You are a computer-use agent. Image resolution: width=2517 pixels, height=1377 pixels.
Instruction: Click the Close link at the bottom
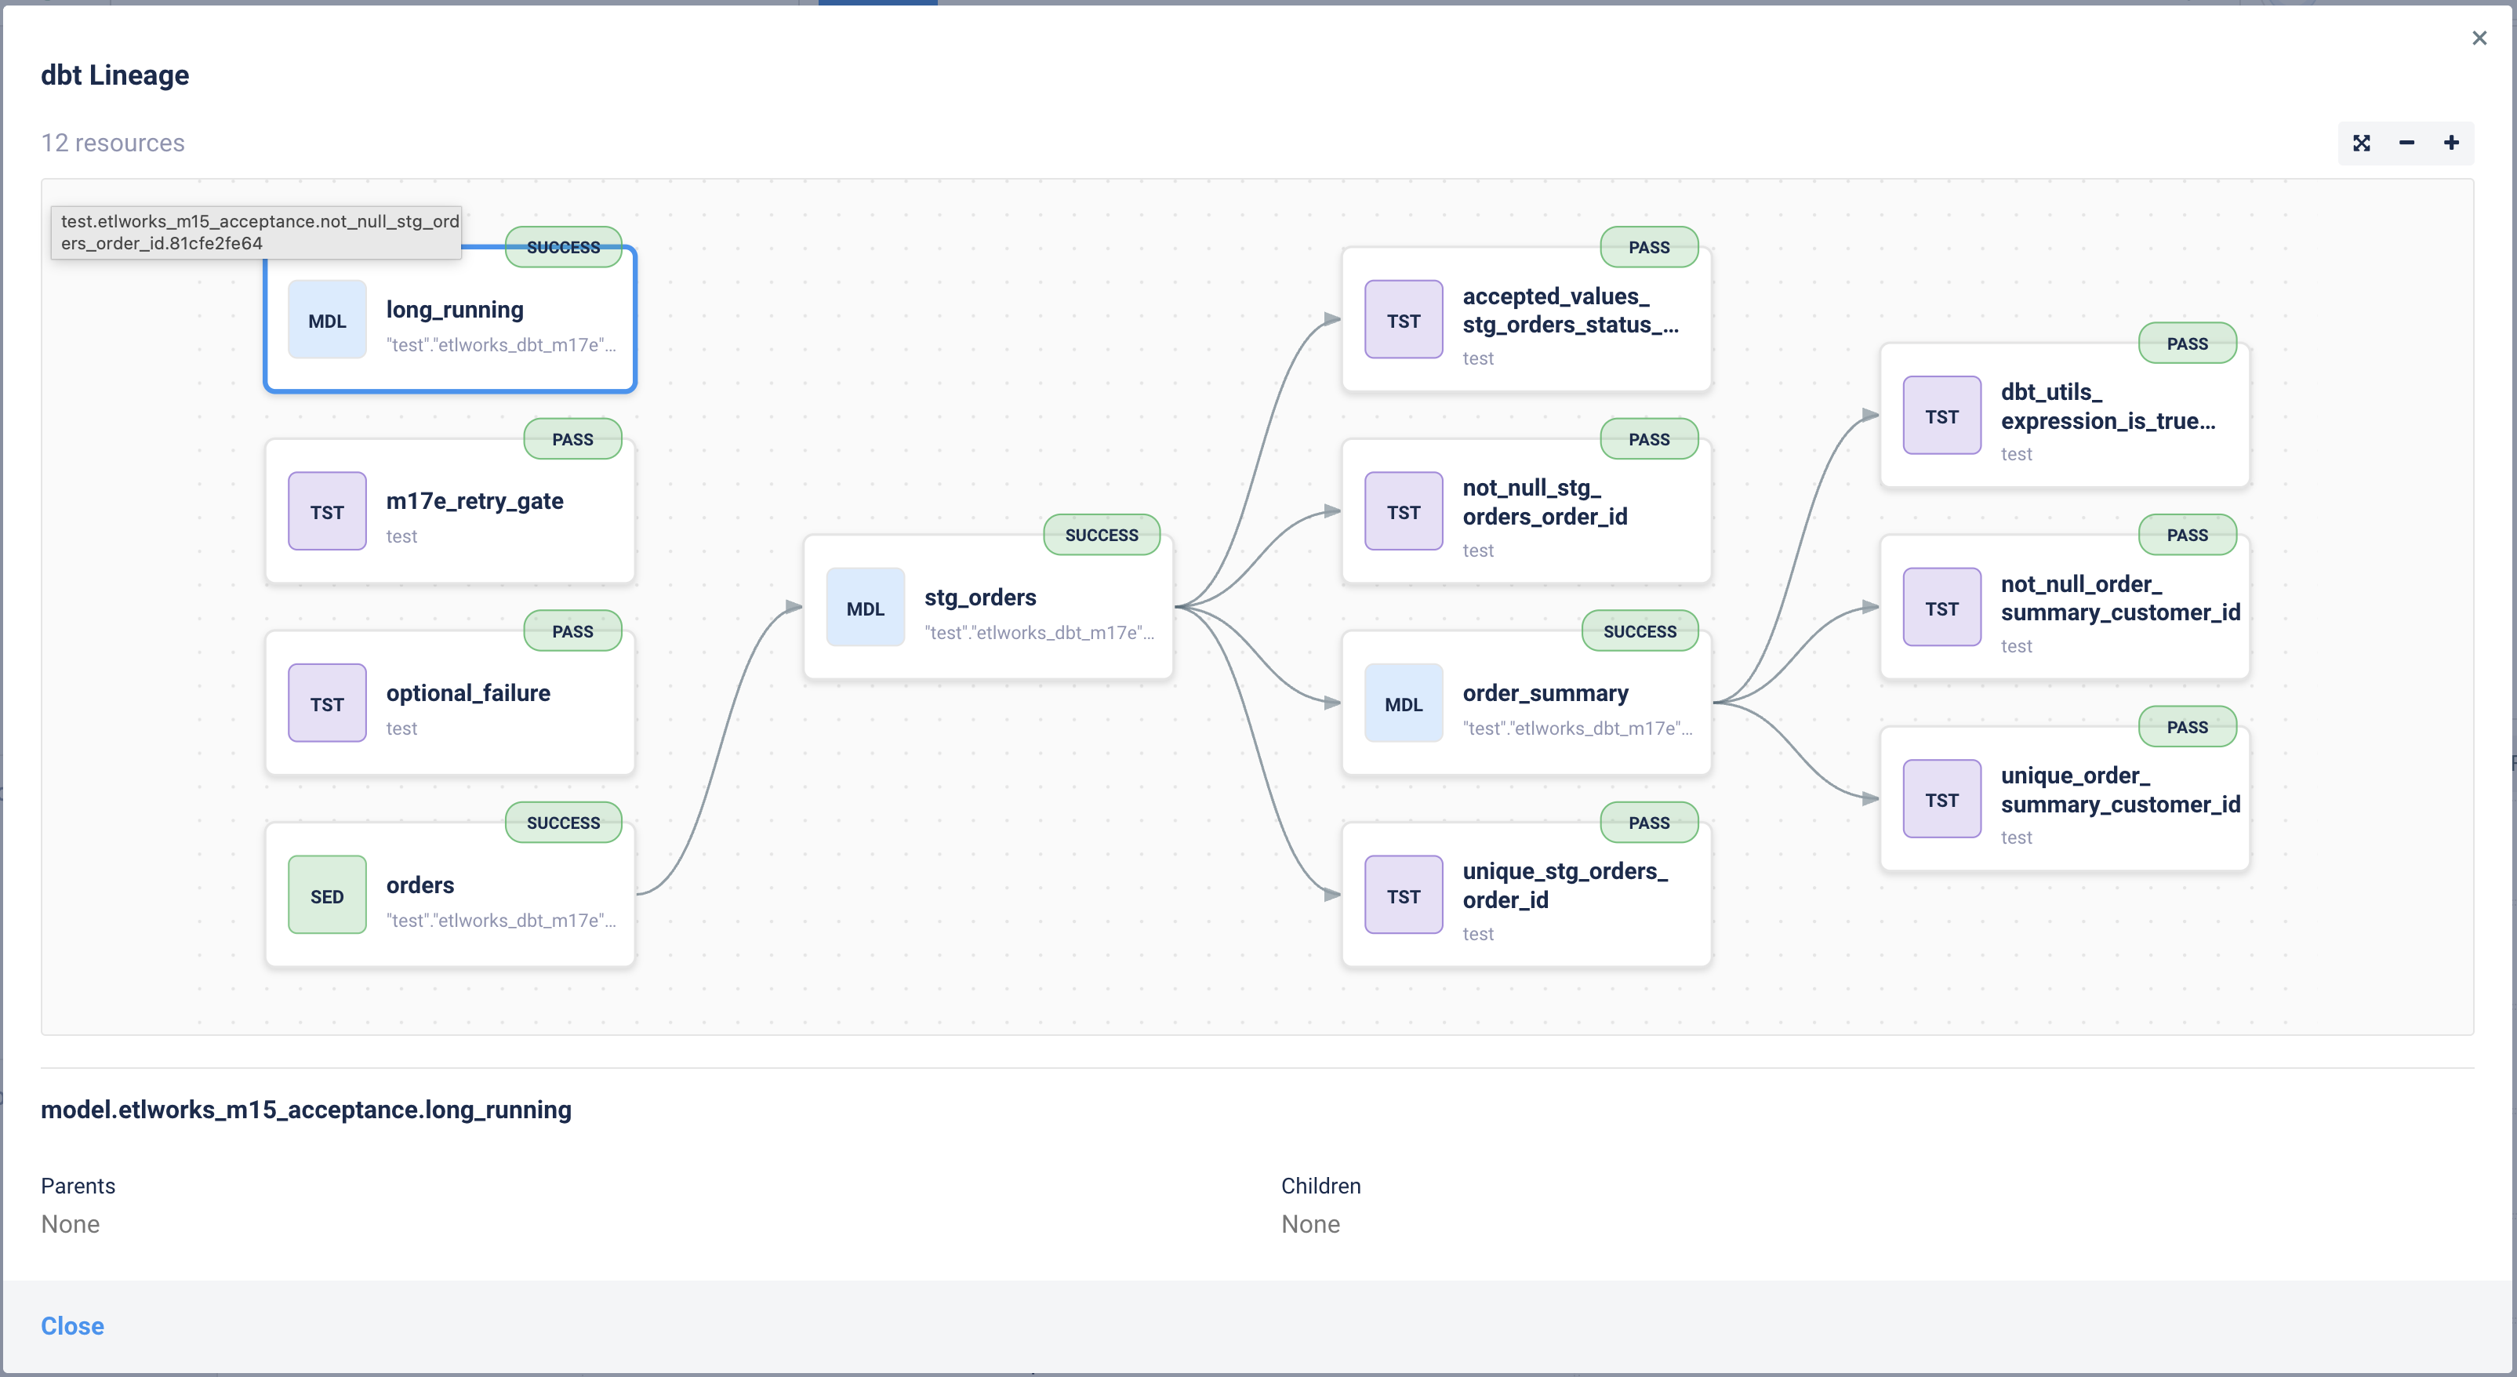[72, 1325]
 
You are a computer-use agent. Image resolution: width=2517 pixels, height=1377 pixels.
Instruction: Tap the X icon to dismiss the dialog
[2479, 38]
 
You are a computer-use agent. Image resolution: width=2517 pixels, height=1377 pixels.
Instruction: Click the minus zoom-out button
[2406, 143]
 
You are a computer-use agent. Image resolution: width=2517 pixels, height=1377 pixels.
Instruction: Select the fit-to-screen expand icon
[2362, 143]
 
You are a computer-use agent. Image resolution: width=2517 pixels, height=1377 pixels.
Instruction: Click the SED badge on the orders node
[327, 896]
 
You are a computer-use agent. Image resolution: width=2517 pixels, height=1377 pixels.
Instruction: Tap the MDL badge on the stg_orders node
[866, 608]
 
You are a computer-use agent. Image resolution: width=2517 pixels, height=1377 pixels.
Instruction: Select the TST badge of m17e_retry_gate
[327, 511]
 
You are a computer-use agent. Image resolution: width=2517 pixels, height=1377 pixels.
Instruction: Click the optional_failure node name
[468, 693]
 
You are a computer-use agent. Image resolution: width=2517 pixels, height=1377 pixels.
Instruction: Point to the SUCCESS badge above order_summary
[1640, 631]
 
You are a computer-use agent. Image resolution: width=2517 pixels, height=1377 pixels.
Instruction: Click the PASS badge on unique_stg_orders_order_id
[1649, 823]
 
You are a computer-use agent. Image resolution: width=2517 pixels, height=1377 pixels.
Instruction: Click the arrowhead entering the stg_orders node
[794, 607]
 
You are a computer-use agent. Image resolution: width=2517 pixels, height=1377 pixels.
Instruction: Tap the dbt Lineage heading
[115, 75]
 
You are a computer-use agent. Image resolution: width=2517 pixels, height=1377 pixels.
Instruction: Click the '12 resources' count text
[112, 143]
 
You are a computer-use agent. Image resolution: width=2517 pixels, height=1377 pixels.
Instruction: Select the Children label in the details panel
[1321, 1186]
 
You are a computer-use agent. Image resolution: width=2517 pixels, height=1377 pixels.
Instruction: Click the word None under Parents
[71, 1225]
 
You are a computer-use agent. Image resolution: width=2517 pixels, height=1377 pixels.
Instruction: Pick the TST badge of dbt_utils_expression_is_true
[1942, 416]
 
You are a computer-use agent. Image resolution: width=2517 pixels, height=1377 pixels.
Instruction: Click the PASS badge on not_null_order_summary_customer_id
[2188, 535]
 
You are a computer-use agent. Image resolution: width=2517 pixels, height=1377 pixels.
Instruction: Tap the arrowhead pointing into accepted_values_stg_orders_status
[1333, 318]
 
